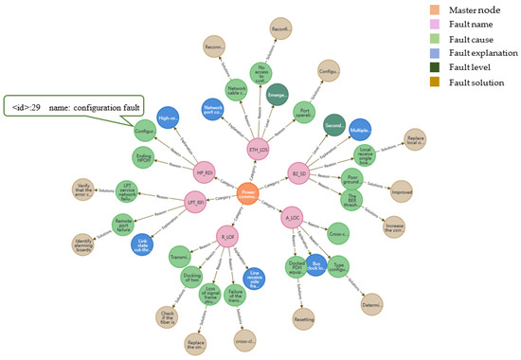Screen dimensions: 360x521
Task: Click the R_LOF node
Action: [227, 234]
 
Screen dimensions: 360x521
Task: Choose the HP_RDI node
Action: [204, 172]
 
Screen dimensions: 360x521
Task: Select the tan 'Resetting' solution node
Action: [303, 321]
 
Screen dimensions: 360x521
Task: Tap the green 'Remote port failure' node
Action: [123, 225]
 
